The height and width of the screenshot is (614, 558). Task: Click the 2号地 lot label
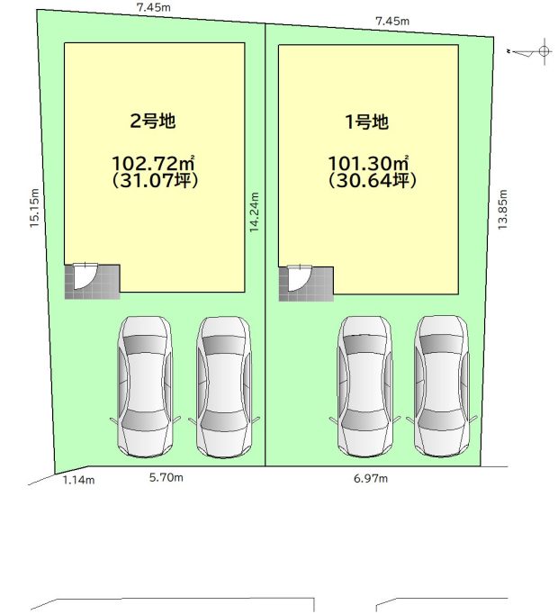coord(153,121)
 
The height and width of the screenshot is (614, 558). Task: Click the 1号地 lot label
coord(366,122)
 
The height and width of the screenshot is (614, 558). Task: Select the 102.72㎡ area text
coord(153,163)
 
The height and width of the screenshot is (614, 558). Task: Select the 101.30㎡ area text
coord(368,163)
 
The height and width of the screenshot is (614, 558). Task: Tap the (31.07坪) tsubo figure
coord(155,180)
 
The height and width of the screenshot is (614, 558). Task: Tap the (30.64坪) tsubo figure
coord(372,181)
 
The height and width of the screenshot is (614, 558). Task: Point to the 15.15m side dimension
coord(34,208)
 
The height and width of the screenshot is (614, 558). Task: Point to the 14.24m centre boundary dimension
coord(255,212)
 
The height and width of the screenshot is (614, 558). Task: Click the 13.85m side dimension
coord(502,210)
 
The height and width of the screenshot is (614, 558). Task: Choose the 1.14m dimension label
coord(78,480)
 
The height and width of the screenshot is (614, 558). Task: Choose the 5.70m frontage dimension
coord(166,477)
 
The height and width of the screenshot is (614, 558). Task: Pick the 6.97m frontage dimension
coord(371,478)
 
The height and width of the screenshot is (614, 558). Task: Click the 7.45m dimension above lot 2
coord(154,7)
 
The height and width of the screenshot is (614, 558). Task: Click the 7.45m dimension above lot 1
coord(392,21)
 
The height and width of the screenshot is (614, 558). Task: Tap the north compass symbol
coord(532,51)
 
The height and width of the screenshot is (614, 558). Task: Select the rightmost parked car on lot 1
coord(442,386)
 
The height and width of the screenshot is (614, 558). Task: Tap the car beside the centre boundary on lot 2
coord(223,387)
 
